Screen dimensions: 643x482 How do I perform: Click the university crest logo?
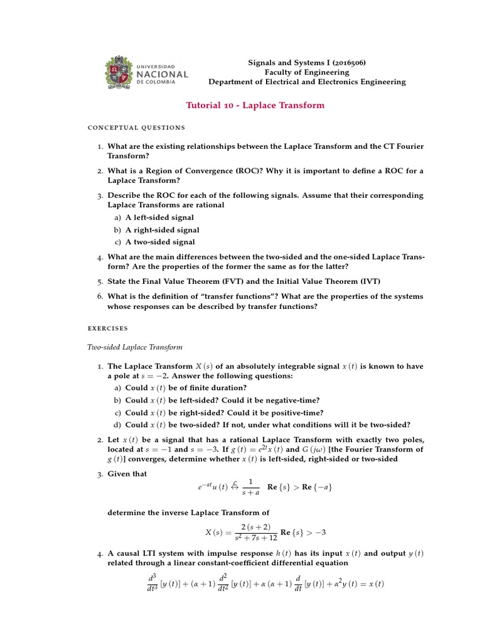click(118, 73)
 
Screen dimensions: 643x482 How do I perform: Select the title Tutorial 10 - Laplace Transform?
click(255, 105)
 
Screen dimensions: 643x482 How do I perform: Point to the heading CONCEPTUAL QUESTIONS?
click(137, 127)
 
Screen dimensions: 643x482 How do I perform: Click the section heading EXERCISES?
click(107, 328)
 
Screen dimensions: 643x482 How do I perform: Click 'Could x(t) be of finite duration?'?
click(186, 388)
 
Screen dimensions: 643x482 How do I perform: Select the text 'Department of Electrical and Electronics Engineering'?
click(307, 82)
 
